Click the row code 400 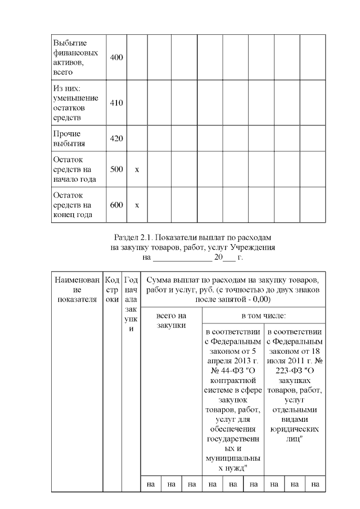[116, 58]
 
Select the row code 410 [116, 103]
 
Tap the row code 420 [116, 139]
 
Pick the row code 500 [116, 169]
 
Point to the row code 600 [116, 205]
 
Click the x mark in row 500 [137, 169]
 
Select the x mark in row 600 [137, 205]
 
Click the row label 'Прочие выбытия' [67, 139]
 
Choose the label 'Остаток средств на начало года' [72, 169]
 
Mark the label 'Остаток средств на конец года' [72, 205]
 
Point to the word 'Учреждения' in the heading [254, 247]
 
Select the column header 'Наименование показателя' [77, 289]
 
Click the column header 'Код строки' [112, 289]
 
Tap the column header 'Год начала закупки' [130, 304]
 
